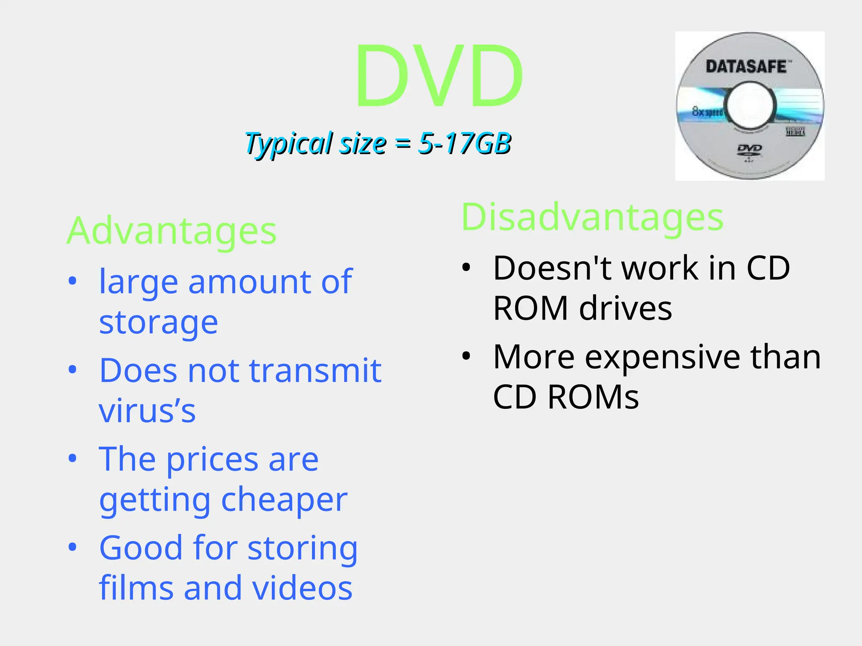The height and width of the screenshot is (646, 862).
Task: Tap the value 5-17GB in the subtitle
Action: click(464, 143)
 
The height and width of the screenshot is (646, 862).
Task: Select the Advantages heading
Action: click(172, 231)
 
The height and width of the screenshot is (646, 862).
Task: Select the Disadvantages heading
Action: click(592, 217)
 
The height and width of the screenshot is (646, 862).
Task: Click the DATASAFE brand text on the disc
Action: click(746, 67)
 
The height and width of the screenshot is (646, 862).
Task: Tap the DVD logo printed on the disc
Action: click(750, 149)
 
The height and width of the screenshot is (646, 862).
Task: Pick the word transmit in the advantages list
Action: click(315, 371)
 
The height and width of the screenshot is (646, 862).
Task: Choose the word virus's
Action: click(147, 411)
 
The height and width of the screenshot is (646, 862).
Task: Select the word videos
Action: click(303, 588)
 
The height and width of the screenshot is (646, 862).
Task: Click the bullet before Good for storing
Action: click(73, 547)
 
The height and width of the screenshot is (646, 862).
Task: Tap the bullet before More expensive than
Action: click(466, 356)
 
